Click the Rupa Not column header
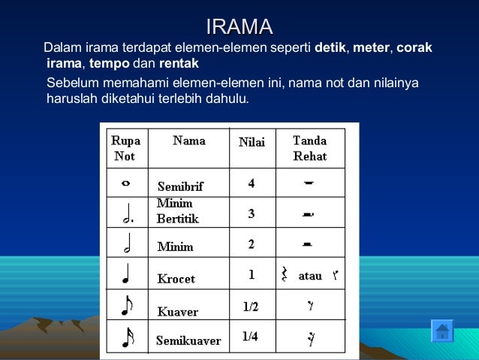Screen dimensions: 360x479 tap(125, 148)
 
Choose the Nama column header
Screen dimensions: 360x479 tap(189, 141)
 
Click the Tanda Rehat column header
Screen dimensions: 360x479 tap(309, 148)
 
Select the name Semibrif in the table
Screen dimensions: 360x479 tap(180, 186)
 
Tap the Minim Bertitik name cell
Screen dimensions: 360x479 tap(177, 210)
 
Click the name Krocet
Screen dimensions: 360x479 tap(176, 279)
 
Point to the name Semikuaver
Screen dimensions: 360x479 tap(188, 340)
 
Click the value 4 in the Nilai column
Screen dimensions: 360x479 tap(252, 183)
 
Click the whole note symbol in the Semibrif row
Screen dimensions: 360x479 tap(125, 183)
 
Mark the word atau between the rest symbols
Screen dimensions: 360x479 tap(310, 276)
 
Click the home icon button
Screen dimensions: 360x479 tap(442, 331)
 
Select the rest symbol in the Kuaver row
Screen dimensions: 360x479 tap(309, 307)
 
